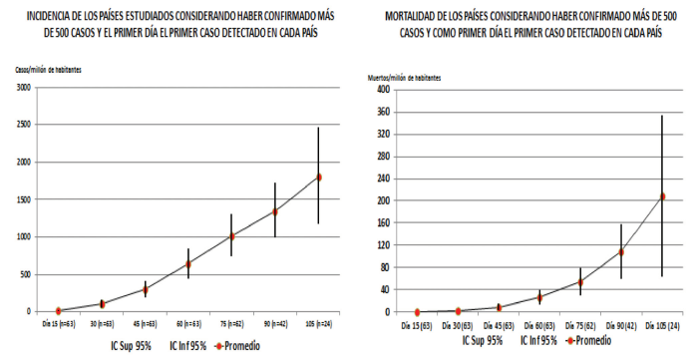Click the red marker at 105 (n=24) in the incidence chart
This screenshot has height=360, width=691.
[319, 178]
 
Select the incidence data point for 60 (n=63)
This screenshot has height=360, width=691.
[187, 264]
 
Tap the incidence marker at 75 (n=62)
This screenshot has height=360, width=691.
[231, 236]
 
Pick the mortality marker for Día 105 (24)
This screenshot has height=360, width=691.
[661, 196]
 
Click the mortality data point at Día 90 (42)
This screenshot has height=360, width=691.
[620, 251]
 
